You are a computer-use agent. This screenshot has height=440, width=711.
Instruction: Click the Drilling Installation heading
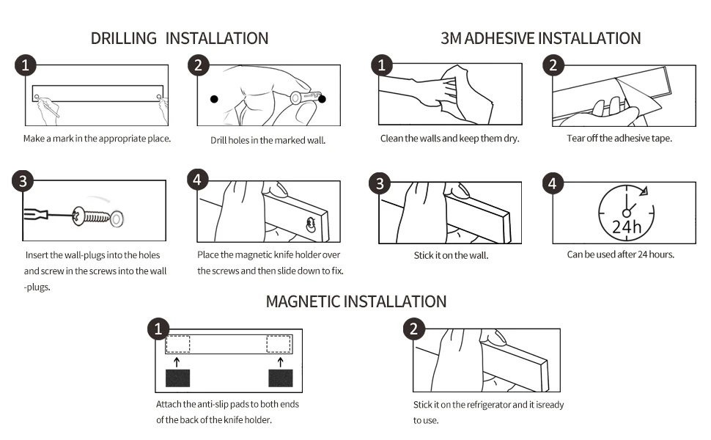tap(180, 39)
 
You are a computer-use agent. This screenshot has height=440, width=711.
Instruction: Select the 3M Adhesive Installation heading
tap(540, 39)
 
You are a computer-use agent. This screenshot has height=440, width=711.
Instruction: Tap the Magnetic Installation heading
tap(356, 301)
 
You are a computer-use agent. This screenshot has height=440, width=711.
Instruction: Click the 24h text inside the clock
tap(626, 227)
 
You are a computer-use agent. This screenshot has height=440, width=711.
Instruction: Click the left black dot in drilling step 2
tap(214, 99)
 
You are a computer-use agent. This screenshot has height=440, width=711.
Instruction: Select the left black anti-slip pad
tap(177, 378)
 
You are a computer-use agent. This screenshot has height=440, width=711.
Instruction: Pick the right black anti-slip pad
tap(280, 378)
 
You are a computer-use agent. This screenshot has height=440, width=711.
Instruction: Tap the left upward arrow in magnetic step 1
tap(177, 362)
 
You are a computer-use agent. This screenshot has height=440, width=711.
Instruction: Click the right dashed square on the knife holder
tap(279, 344)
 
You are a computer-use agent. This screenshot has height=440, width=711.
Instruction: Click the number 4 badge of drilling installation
tap(197, 180)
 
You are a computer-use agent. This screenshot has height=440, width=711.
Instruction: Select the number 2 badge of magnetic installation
tap(413, 329)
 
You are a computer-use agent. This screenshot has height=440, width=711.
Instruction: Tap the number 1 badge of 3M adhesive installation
tap(382, 65)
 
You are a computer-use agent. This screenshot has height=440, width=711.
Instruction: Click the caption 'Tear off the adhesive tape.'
tap(619, 139)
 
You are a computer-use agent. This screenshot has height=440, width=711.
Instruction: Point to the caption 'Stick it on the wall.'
tap(451, 255)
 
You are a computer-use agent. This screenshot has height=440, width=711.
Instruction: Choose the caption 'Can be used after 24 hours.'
tap(620, 254)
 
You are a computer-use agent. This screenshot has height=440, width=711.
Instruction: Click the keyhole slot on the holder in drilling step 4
tap(311, 224)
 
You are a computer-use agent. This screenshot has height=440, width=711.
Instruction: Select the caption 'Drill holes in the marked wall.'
tap(268, 141)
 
